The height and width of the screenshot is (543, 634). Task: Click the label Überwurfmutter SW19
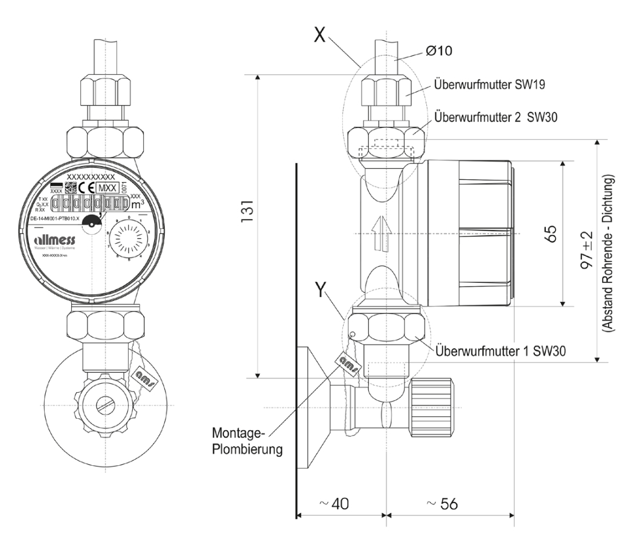pos(490,85)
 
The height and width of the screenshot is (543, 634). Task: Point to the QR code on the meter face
pos(71,187)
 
